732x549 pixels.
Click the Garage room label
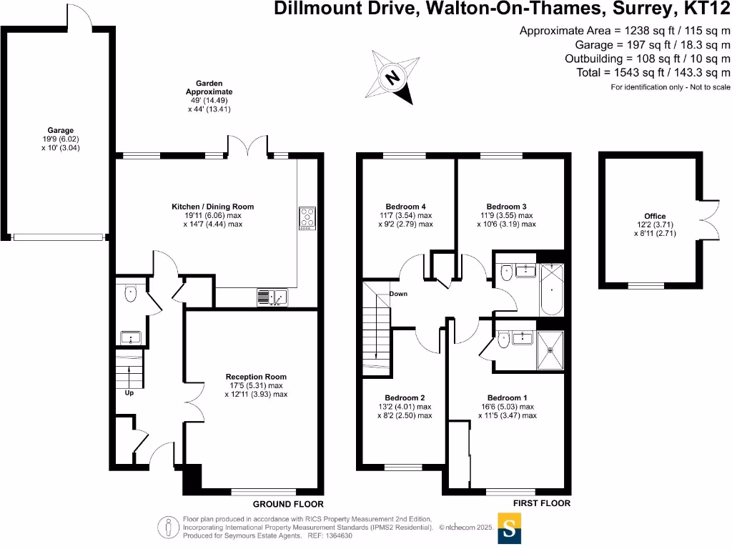click(x=61, y=130)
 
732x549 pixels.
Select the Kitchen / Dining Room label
click(x=212, y=207)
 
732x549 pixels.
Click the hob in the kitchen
click(x=307, y=218)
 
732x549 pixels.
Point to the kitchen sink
click(x=272, y=297)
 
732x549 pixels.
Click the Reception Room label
click(x=256, y=377)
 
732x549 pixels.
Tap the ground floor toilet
click(x=130, y=293)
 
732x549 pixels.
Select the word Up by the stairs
click(x=129, y=392)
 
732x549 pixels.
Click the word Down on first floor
click(x=398, y=294)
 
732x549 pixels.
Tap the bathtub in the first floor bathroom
click(x=551, y=290)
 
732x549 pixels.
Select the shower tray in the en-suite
click(x=550, y=350)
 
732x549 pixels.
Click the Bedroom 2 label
click(x=405, y=398)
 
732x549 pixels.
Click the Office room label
click(x=654, y=216)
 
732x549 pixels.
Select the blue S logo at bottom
click(x=510, y=530)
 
